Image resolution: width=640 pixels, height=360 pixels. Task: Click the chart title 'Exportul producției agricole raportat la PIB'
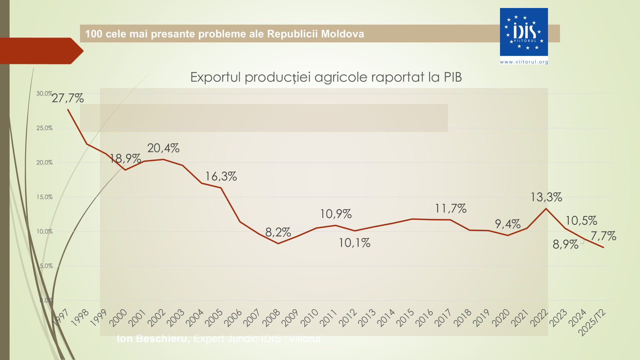click(326, 77)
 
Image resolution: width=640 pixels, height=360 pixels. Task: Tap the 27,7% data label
click(68, 98)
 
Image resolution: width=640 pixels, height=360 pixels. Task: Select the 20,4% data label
click(163, 148)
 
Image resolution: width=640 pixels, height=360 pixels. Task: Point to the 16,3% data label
click(221, 176)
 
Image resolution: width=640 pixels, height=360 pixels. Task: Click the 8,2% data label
click(278, 232)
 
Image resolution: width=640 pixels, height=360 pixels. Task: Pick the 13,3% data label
click(546, 197)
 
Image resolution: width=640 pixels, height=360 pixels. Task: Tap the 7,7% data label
click(603, 236)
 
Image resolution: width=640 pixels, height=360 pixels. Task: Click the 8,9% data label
click(565, 244)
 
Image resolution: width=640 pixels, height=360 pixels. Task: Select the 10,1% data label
click(354, 243)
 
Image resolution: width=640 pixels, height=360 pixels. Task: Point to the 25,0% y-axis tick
click(44, 128)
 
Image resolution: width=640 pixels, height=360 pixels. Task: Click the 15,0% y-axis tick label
click(44, 197)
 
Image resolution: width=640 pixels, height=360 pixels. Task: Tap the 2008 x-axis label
click(271, 318)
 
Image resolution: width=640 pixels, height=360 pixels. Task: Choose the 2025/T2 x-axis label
click(593, 322)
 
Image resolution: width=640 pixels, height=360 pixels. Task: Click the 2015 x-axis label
click(405, 318)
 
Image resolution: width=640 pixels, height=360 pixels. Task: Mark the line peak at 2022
click(546, 208)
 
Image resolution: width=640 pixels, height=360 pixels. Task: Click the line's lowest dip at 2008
click(278, 244)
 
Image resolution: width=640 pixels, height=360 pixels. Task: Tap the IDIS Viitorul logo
click(524, 32)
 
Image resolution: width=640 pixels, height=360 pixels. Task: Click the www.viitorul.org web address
click(524, 62)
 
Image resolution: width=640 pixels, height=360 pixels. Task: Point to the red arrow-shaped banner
click(40, 51)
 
